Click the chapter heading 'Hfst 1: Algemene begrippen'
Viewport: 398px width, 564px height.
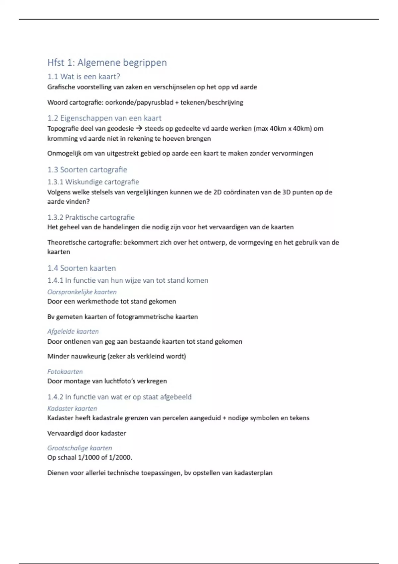click(x=107, y=62)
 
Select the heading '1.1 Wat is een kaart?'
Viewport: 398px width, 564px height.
click(x=84, y=77)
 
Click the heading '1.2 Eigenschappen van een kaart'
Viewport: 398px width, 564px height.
click(x=104, y=118)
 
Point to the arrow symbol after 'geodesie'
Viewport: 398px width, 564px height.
click(x=139, y=129)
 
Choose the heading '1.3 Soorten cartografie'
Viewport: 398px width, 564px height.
click(x=87, y=170)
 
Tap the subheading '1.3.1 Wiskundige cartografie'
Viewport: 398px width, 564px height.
click(x=93, y=182)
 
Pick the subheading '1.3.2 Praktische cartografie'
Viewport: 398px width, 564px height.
click(x=91, y=217)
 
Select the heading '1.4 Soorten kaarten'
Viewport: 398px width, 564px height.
click(x=82, y=268)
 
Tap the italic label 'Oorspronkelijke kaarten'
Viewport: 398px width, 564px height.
click(x=82, y=292)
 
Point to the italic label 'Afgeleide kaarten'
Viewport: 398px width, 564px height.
click(x=73, y=331)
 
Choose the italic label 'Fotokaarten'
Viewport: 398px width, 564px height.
click(x=65, y=372)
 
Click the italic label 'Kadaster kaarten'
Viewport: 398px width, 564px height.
click(x=72, y=408)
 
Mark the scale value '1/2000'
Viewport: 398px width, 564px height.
click(x=120, y=458)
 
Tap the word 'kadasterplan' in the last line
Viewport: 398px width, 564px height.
click(x=253, y=473)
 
